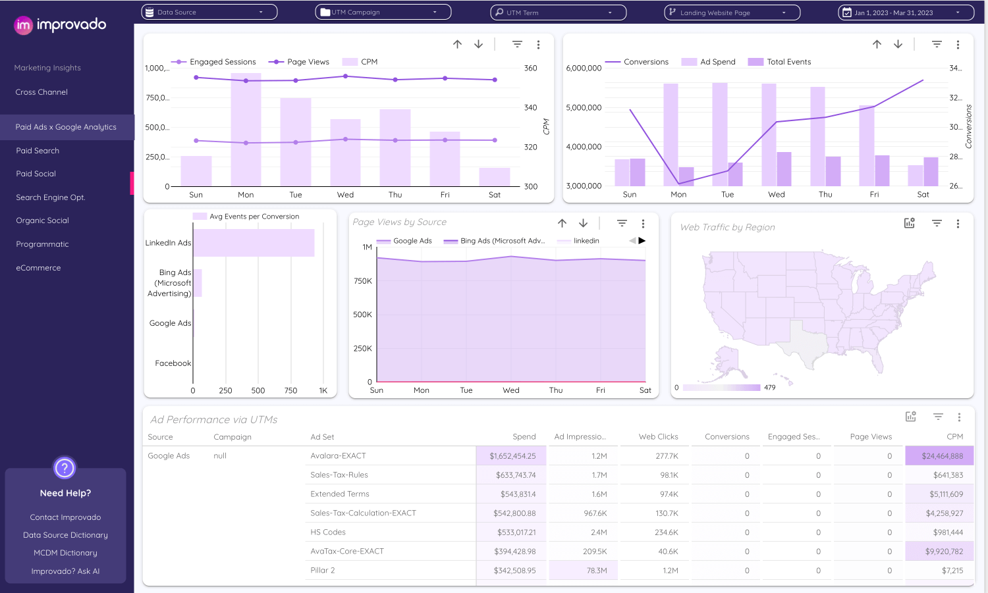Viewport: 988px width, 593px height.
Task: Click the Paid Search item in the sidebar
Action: coord(38,151)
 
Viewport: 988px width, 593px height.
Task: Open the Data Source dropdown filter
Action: coord(209,12)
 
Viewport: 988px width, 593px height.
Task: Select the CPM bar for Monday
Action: coord(246,132)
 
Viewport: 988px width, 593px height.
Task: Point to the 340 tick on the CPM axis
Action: coord(530,107)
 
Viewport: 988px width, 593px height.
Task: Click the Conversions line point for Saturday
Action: coord(923,80)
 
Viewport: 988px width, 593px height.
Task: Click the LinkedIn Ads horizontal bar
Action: coord(254,243)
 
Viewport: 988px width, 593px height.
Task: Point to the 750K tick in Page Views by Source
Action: coord(363,281)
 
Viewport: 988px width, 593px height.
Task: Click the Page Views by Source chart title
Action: coord(399,222)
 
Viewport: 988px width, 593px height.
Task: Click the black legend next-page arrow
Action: coord(642,241)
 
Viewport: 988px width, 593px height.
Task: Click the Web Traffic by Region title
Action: coord(727,227)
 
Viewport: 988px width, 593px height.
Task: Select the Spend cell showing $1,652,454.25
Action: coord(512,456)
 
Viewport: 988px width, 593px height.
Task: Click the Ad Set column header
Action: coord(322,437)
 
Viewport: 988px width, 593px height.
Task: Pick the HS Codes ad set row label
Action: coord(328,532)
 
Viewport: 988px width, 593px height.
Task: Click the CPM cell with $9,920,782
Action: coord(943,552)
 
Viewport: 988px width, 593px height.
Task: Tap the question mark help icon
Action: coord(65,468)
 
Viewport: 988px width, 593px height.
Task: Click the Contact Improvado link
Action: coord(65,517)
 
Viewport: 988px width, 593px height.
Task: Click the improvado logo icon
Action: coord(24,25)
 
